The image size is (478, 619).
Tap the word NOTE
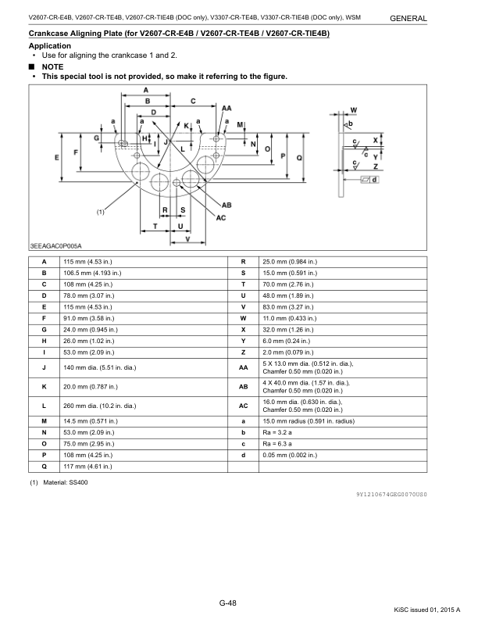click(52, 67)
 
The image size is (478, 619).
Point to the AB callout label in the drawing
click(227, 204)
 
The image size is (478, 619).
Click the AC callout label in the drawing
click(221, 217)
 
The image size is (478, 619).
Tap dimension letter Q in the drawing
click(300, 157)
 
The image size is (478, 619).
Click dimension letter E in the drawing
click(57, 157)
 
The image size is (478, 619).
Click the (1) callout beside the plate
click(101, 212)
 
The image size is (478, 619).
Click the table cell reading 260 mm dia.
click(84, 406)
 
